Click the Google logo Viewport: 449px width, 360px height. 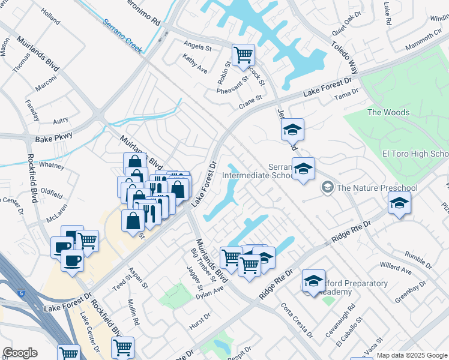[20, 353]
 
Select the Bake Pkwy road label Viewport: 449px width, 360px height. [54, 138]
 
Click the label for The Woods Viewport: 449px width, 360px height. [388, 112]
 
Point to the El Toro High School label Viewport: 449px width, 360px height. [415, 154]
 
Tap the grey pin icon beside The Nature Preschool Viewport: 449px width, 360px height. [327, 188]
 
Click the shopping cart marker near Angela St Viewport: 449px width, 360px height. [243, 55]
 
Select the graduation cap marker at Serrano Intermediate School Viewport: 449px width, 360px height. [303, 169]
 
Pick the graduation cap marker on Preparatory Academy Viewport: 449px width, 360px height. [313, 280]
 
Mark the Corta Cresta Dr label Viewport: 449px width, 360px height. [297, 320]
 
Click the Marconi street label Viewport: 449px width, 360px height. [46, 88]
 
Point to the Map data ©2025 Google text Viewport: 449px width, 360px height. [412, 355]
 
